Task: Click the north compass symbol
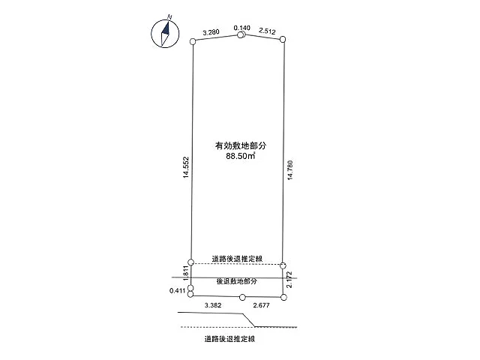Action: click(165, 34)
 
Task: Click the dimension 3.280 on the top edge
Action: click(211, 32)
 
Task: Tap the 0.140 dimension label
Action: click(241, 28)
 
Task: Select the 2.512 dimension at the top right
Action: click(267, 31)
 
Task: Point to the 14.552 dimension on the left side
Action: click(186, 167)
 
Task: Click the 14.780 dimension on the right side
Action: click(290, 170)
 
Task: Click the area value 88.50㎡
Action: click(241, 156)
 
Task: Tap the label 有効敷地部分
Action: click(241, 145)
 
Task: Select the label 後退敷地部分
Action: click(237, 281)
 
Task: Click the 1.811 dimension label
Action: click(186, 273)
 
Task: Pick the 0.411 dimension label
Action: click(178, 290)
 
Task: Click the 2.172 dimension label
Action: click(289, 280)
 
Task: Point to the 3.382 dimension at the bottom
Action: click(213, 305)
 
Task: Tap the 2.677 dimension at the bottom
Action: click(262, 305)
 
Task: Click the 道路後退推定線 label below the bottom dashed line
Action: click(229, 339)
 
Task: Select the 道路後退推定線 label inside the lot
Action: click(237, 259)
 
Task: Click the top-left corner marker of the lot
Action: click(193, 42)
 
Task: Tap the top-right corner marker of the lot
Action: click(283, 39)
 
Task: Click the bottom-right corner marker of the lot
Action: click(283, 297)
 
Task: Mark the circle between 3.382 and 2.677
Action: click(242, 297)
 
